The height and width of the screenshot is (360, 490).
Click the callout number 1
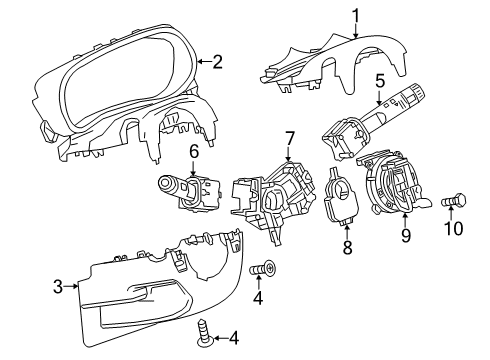354,14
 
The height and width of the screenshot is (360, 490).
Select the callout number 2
217,62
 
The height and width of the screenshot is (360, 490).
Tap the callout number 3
58,285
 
